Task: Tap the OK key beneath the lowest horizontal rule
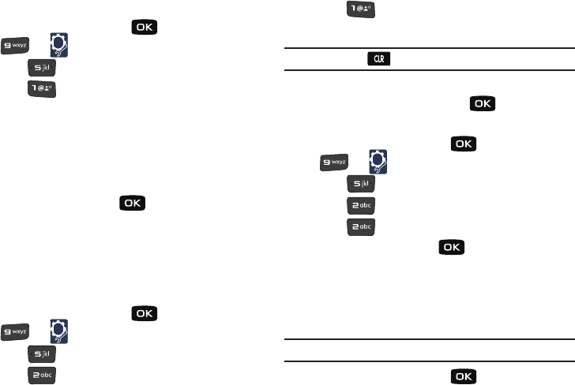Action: (464, 378)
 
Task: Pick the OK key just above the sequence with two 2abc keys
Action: (464, 144)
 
